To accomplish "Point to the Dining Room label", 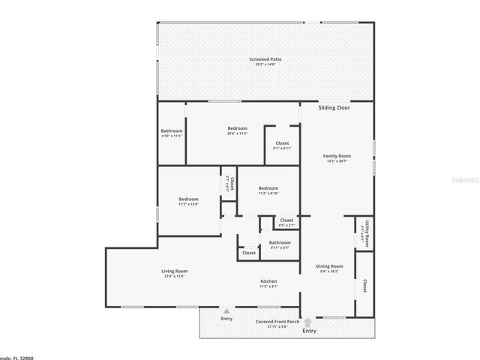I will point(329,266).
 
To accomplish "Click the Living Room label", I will point(174,271).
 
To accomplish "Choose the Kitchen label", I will point(268,280).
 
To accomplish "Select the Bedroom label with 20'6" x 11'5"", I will point(237,128).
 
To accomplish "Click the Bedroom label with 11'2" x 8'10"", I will point(268,188).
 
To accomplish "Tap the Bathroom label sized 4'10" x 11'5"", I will point(172,131).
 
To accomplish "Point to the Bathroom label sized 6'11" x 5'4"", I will point(280,242).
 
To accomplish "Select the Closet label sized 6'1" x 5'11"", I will point(282,143).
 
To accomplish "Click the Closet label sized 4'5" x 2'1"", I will point(286,220).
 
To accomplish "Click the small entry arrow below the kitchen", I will point(226,310).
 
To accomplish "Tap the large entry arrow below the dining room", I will point(308,322).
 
